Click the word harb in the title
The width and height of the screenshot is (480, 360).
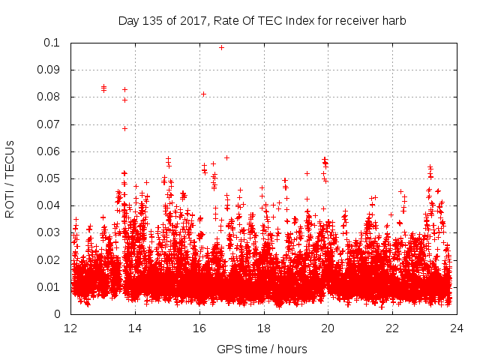coord(393,21)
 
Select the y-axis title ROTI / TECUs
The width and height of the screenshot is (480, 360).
coord(10,178)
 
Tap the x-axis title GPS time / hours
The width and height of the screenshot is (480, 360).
coord(262,349)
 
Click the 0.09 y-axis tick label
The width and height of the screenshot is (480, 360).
coord(51,70)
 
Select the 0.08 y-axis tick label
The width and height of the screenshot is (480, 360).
coord(51,97)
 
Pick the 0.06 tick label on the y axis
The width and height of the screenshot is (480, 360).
coord(51,151)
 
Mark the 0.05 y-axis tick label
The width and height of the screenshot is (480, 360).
coord(51,178)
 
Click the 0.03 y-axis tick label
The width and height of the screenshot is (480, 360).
coord(51,232)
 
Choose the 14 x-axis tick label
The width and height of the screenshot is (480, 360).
coord(136,328)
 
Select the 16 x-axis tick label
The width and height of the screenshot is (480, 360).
coord(200,328)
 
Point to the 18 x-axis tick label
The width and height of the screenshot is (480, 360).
coord(264,328)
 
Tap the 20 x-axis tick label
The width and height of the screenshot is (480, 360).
coord(328,328)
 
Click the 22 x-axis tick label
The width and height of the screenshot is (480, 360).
coord(392,328)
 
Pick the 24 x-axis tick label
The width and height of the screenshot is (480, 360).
coord(457,328)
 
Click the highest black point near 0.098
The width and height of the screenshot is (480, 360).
coord(221,47)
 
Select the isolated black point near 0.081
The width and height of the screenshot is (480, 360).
coord(203,94)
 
